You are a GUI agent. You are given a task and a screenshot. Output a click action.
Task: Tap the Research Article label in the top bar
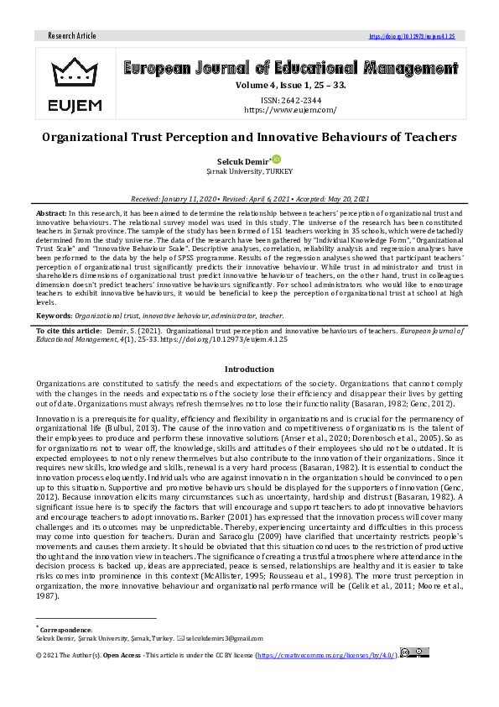pyautogui.click(x=72, y=36)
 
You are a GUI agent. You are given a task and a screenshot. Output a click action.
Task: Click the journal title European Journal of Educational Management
pyautogui.click(x=289, y=68)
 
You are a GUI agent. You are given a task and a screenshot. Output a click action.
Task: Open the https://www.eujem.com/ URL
pyautogui.click(x=289, y=109)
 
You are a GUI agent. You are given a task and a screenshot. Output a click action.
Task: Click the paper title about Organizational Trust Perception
pyautogui.click(x=249, y=136)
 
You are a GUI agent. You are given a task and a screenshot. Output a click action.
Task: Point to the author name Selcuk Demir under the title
pyautogui.click(x=244, y=160)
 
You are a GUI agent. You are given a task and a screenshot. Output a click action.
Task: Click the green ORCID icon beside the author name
pyautogui.click(x=276, y=159)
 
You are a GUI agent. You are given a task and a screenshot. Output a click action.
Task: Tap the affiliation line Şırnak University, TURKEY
pyautogui.click(x=249, y=170)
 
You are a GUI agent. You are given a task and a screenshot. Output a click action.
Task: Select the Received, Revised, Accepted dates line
pyautogui.click(x=249, y=198)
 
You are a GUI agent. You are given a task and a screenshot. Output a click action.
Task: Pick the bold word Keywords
pyautogui.click(x=54, y=316)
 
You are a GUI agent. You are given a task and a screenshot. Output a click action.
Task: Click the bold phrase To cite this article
pyautogui.click(x=66, y=332)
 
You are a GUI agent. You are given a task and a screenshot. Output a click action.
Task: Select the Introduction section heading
pyautogui.click(x=249, y=369)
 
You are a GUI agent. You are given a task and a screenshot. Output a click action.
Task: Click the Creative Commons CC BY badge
pyautogui.click(x=414, y=652)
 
